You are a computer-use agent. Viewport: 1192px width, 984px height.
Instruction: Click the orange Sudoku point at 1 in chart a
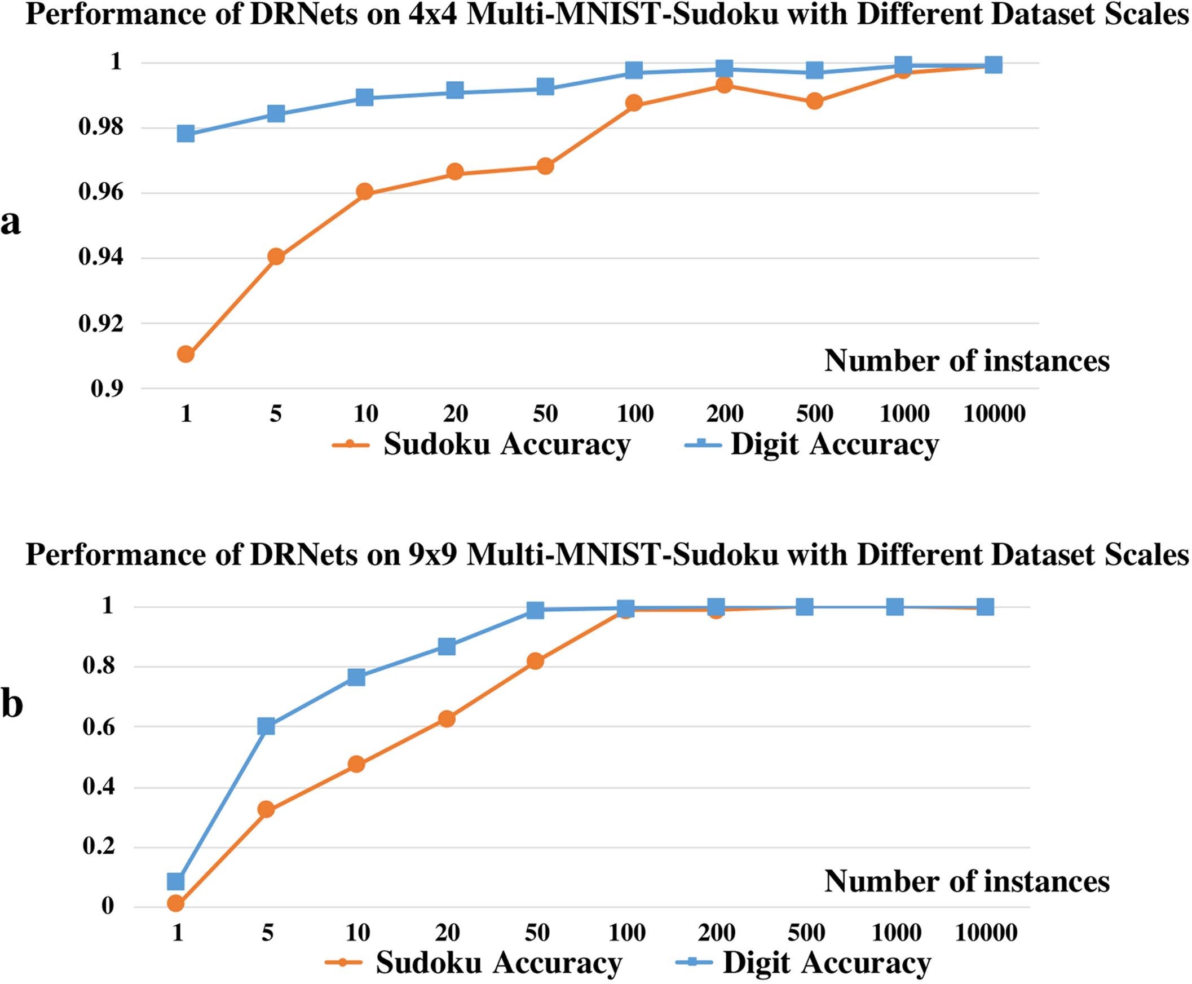[186, 354]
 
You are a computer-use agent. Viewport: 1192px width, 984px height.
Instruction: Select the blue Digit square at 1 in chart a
[186, 134]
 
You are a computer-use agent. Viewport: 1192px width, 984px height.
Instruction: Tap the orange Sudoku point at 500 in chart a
[815, 102]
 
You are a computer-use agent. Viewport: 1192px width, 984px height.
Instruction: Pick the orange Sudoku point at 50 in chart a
[545, 166]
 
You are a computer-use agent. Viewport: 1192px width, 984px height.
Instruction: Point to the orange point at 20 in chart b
[447, 719]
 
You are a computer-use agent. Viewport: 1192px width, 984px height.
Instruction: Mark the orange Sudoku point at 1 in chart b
[176, 903]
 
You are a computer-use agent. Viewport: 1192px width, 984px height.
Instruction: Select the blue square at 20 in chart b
[447, 646]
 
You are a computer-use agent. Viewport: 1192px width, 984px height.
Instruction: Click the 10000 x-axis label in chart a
[994, 414]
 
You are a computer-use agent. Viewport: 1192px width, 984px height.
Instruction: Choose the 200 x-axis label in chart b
[717, 933]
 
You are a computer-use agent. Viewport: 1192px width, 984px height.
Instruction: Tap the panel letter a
[10, 222]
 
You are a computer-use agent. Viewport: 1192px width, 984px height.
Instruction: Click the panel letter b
[11, 704]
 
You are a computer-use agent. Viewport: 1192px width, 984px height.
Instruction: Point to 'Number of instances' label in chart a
[966, 361]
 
